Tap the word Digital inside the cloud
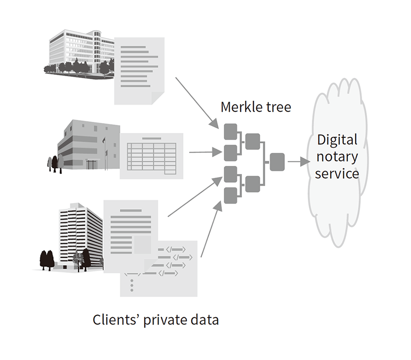coord(337,139)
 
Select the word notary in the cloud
coord(337,157)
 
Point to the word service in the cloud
coord(337,174)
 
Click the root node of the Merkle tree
coord(277,162)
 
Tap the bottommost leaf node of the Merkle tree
coord(231,195)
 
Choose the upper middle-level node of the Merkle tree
coord(252,141)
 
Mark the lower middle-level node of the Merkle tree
coord(252,184)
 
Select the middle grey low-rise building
coord(87,145)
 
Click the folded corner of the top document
coord(158,97)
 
